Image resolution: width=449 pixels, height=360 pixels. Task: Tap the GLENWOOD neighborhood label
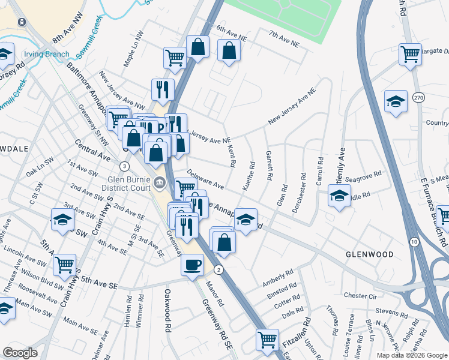[369, 254]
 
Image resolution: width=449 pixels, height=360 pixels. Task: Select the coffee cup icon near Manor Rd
[192, 265]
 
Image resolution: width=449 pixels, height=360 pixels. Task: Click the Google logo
[20, 353]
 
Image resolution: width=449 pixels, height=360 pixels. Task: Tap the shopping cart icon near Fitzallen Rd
[267, 339]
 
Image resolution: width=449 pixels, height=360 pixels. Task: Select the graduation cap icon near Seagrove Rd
[339, 196]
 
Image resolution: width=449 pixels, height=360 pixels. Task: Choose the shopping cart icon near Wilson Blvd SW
[64, 263]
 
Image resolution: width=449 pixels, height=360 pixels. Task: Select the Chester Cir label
[360, 296]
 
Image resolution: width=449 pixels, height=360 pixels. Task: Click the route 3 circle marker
[124, 166]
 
